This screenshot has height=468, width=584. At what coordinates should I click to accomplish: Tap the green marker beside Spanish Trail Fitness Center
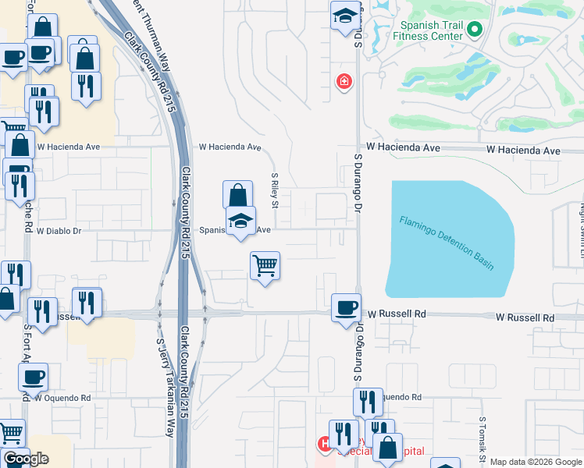point(476,30)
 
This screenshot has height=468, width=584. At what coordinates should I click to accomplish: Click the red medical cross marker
point(343,81)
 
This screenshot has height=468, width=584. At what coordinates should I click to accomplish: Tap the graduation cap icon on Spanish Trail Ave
point(241,222)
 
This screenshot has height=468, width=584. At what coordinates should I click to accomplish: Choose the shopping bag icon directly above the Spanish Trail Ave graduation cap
point(237,195)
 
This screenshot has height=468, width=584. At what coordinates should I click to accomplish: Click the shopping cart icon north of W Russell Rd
point(265,266)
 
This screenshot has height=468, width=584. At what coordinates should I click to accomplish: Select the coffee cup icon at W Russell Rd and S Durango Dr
point(346,307)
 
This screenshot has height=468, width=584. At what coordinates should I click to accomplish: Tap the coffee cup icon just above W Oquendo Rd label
point(33,378)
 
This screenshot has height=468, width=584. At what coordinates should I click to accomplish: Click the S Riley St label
point(275,190)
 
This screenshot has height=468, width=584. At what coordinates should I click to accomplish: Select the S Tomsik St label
point(483,441)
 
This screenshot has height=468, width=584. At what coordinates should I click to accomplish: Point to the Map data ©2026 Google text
point(535,462)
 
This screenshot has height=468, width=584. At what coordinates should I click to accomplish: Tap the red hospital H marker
point(324,444)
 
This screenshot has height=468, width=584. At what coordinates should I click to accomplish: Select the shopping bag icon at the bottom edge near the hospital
point(388,448)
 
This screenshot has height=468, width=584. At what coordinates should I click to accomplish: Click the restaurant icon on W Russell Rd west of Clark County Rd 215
point(87,302)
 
